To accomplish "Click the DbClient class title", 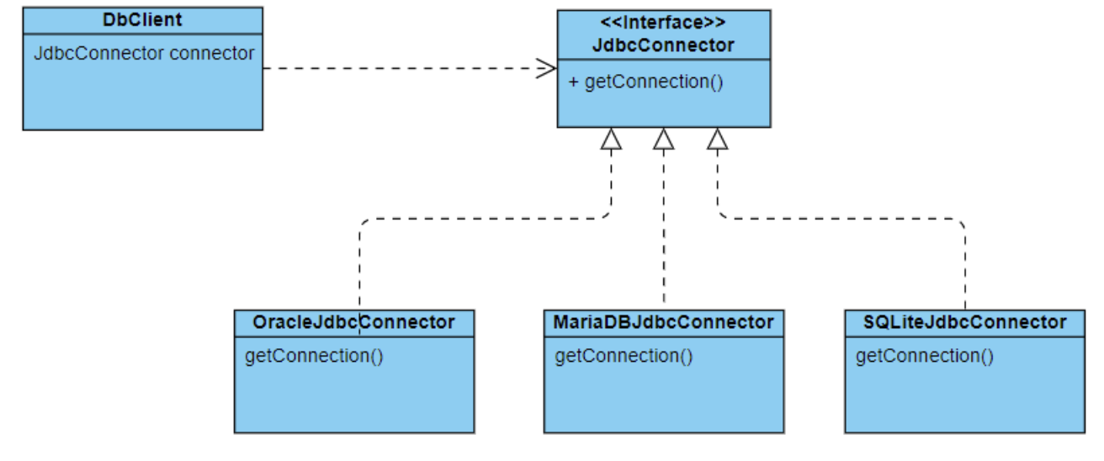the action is point(142,19).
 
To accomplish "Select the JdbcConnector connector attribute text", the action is point(144,53).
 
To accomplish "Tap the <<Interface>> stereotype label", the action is point(663,22).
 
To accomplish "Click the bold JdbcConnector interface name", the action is point(663,45).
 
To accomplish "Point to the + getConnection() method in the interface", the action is point(645,82).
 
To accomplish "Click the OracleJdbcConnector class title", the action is point(354,322).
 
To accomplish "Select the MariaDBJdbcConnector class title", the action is point(663,322).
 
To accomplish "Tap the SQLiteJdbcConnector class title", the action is point(964,322).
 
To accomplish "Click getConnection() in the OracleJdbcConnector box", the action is point(314,356).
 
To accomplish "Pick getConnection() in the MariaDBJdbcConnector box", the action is point(624,356).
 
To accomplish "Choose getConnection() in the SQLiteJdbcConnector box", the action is point(925,356).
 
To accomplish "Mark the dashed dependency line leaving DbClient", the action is point(410,68).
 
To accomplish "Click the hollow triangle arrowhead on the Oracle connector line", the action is point(611,140).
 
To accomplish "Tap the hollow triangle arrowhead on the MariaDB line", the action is point(664,140).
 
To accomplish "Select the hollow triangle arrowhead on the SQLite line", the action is point(718,140).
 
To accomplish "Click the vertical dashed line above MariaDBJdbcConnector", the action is point(664,226).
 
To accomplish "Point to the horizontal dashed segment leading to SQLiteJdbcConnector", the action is point(841,219).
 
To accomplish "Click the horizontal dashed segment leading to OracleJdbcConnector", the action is point(486,219).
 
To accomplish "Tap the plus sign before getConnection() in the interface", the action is point(573,82).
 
